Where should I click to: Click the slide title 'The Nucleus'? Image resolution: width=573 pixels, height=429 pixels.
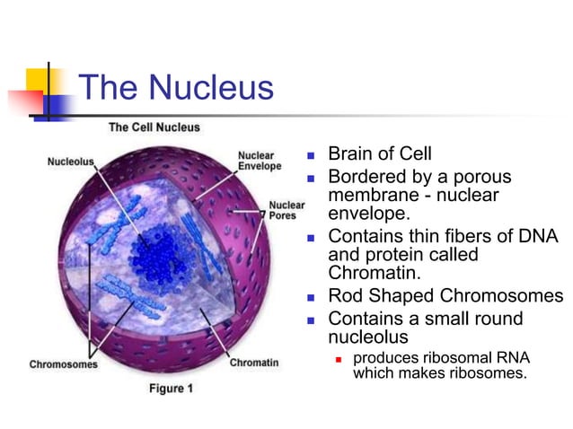pyautogui.click(x=176, y=88)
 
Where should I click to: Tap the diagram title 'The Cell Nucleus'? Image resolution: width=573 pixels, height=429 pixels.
pyautogui.click(x=154, y=127)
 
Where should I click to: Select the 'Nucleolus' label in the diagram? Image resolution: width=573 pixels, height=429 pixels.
pyautogui.click(x=70, y=162)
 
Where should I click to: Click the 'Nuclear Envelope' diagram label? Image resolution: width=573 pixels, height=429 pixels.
pyautogui.click(x=259, y=161)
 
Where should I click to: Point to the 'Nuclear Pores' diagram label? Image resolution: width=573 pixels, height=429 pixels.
pyautogui.click(x=286, y=209)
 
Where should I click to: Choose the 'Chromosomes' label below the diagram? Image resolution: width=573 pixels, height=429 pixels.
pyautogui.click(x=64, y=363)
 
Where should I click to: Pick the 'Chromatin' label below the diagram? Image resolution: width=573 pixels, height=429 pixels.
pyautogui.click(x=253, y=363)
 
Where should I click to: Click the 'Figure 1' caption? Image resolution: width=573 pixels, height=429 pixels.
pyautogui.click(x=171, y=389)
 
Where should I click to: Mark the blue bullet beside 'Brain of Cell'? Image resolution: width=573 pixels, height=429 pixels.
pyautogui.click(x=312, y=154)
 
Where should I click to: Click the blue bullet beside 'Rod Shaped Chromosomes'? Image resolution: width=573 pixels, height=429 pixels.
pyautogui.click(x=312, y=297)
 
